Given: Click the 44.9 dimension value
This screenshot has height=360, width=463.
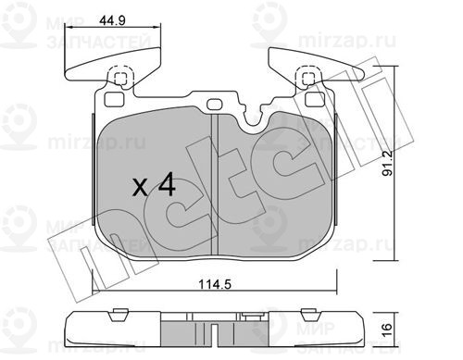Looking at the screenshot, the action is click(112, 20).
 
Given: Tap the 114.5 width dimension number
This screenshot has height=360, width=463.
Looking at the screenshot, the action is click(215, 284).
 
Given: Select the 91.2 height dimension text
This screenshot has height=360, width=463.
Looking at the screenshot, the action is click(387, 163).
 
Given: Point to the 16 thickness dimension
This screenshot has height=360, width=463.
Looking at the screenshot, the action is click(387, 329).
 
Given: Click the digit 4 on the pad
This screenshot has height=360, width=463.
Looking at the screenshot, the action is click(167, 184).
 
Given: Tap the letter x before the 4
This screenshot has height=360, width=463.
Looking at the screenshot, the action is click(140, 187).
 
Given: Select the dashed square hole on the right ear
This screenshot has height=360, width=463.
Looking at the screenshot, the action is click(307, 78).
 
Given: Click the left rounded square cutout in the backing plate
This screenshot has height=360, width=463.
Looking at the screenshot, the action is click(114, 100).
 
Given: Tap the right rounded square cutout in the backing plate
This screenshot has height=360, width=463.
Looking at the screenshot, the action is click(315, 100).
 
